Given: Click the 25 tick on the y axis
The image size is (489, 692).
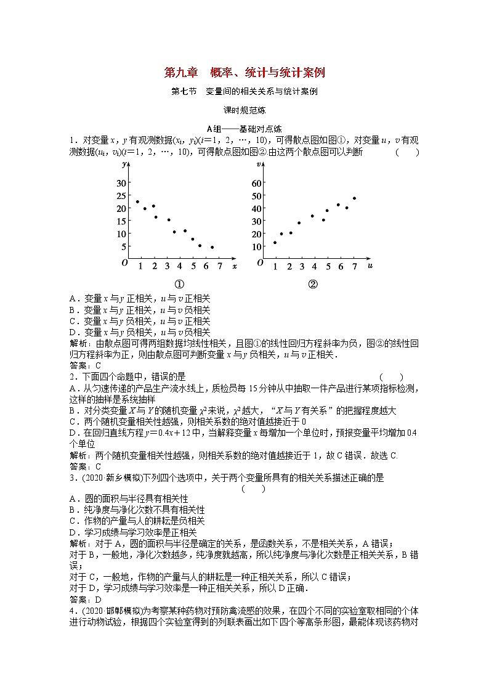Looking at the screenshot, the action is tap(121, 196).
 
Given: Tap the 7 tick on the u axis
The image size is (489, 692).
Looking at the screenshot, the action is tap(354, 266).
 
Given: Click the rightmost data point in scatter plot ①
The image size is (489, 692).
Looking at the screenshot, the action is tap(212, 247).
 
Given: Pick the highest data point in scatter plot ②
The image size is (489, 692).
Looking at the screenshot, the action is tap(354, 198).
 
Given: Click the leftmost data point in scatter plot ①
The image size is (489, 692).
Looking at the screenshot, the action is tap(137, 201).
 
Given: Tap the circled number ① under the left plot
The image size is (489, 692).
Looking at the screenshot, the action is tap(180, 285).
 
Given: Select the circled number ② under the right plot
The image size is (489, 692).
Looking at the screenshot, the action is tap(312, 285).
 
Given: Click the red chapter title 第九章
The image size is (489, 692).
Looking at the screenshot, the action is tap(180, 73).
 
